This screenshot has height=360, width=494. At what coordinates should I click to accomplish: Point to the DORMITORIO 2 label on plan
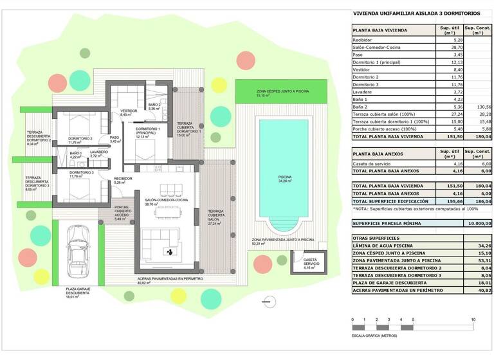80,139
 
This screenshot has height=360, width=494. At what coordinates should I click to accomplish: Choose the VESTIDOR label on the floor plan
129,111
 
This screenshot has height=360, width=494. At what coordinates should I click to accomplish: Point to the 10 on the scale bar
473,319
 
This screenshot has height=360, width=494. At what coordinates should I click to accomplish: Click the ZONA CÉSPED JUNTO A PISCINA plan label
282,92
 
